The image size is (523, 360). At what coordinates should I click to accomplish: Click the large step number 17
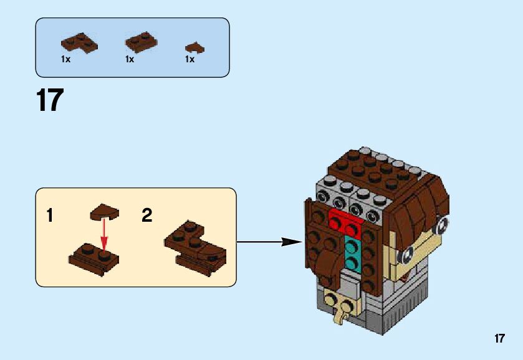pyautogui.click(x=50, y=100)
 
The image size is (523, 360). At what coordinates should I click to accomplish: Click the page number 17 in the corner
pyautogui.click(x=499, y=339)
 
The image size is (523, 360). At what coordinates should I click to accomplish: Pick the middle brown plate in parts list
pyautogui.click(x=141, y=42)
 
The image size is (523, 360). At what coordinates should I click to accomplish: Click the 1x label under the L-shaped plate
pyautogui.click(x=65, y=60)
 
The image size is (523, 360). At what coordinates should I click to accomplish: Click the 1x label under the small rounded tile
pyautogui.click(x=190, y=60)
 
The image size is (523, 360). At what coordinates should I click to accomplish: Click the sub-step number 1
pyautogui.click(x=50, y=216)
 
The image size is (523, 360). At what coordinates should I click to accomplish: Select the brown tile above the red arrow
pyautogui.click(x=103, y=213)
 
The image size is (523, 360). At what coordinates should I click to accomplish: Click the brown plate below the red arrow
pyautogui.click(x=94, y=257)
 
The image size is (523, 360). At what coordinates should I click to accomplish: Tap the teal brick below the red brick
pyautogui.click(x=352, y=252)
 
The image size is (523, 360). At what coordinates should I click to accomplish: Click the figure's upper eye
pyautogui.click(x=441, y=224)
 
